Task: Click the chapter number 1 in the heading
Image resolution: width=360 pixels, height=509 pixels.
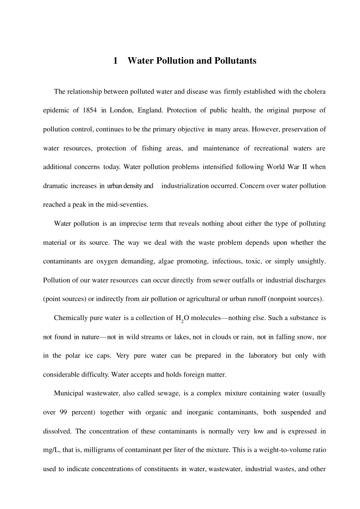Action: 115,61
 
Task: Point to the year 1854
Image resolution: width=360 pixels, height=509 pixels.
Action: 89,110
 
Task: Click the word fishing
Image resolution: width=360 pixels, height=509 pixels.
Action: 152,148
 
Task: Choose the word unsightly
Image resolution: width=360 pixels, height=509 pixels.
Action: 311,261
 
